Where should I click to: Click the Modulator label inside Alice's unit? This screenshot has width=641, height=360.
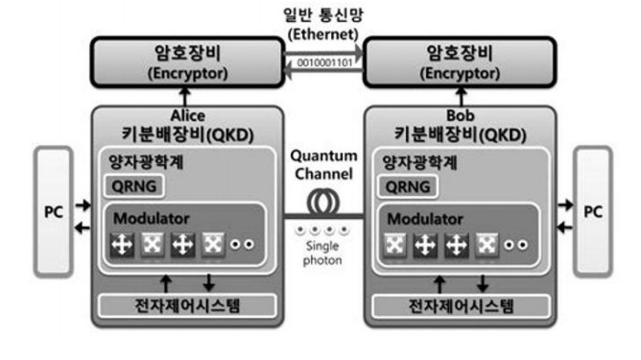[x=145, y=217]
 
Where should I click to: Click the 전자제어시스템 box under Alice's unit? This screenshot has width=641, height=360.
[x=188, y=306]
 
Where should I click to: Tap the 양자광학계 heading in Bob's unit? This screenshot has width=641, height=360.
[x=418, y=161]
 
